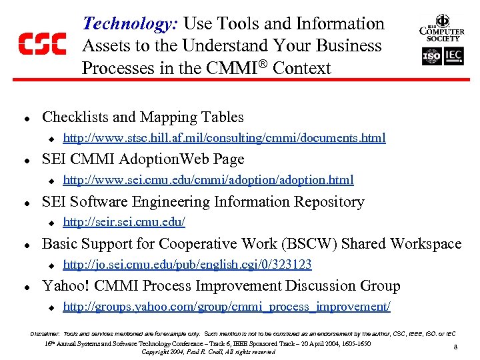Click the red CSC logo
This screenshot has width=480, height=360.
click(41, 45)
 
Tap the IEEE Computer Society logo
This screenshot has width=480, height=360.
click(441, 27)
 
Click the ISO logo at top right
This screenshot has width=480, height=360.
click(431, 57)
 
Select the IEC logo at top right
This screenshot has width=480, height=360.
click(453, 57)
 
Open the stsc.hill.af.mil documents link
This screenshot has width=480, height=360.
click(224, 138)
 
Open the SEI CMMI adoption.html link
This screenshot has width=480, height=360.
click(208, 180)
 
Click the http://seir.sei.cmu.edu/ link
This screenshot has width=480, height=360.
click(123, 222)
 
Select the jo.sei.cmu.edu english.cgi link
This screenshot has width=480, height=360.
click(187, 264)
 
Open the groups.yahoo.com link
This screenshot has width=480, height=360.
click(227, 307)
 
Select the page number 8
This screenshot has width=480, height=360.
click(455, 347)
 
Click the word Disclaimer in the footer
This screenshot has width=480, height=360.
click(45, 333)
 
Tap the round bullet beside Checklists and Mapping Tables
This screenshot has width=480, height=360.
click(25, 118)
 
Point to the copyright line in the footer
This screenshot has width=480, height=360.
click(208, 351)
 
